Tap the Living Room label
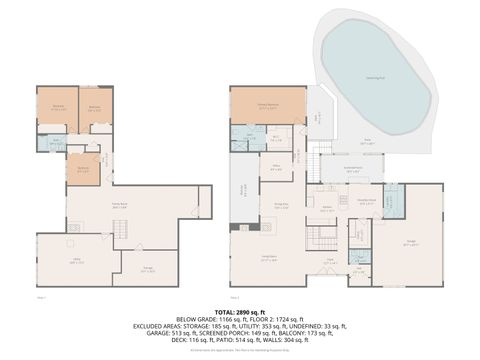click(268, 258)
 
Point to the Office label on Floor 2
click(274, 168)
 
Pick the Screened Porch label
click(353, 169)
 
